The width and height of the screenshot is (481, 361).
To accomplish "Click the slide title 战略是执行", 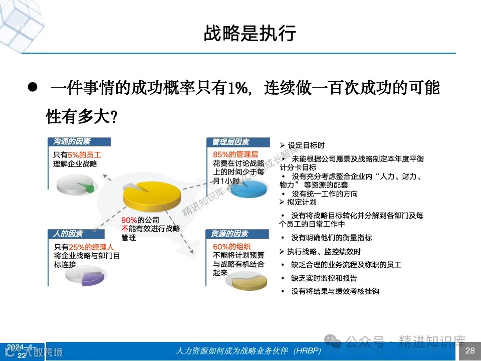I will click(250, 33).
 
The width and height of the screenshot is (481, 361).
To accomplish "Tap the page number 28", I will click(470, 350).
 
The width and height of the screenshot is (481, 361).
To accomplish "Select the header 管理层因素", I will click(230, 142).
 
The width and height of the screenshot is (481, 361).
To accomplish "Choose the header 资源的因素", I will click(230, 234).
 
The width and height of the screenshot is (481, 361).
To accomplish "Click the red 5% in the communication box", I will click(74, 154).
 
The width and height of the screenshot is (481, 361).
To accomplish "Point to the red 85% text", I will click(221, 154).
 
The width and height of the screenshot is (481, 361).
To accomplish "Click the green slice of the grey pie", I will click(88, 188).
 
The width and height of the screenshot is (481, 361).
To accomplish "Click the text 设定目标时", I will click(305, 145).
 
